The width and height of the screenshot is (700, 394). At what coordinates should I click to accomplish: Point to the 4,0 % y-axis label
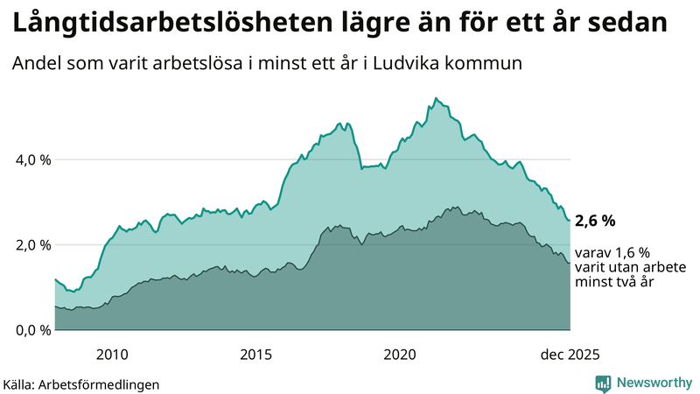coord(34,159)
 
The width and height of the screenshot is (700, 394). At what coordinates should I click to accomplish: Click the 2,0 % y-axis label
coord(34,245)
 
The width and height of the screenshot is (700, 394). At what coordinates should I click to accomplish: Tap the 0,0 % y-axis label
coord(34,330)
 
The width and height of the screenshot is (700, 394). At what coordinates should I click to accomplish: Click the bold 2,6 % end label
coord(597,222)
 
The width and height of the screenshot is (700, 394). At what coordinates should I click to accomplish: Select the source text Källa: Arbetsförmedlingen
coord(81,383)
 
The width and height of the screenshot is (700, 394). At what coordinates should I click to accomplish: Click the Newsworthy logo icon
coord(603,383)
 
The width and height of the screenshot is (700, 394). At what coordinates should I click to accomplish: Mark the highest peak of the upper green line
coord(436,98)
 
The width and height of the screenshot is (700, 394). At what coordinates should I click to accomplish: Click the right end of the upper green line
coord(570,221)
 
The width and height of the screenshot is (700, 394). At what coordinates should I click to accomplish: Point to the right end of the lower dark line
coord(570,263)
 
